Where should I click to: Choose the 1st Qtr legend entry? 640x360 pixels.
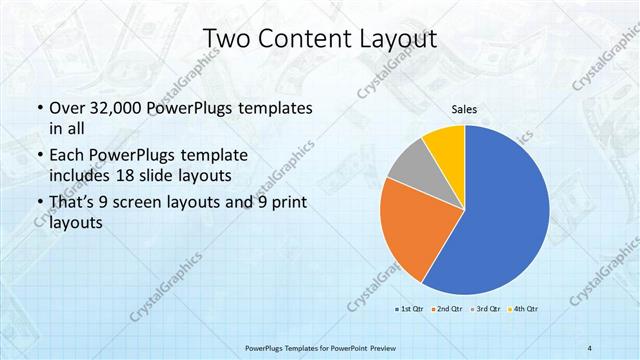point(410,310)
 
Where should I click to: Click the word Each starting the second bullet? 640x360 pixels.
point(68,156)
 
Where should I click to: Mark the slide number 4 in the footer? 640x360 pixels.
point(590,347)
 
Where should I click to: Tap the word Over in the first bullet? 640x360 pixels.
point(67,108)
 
